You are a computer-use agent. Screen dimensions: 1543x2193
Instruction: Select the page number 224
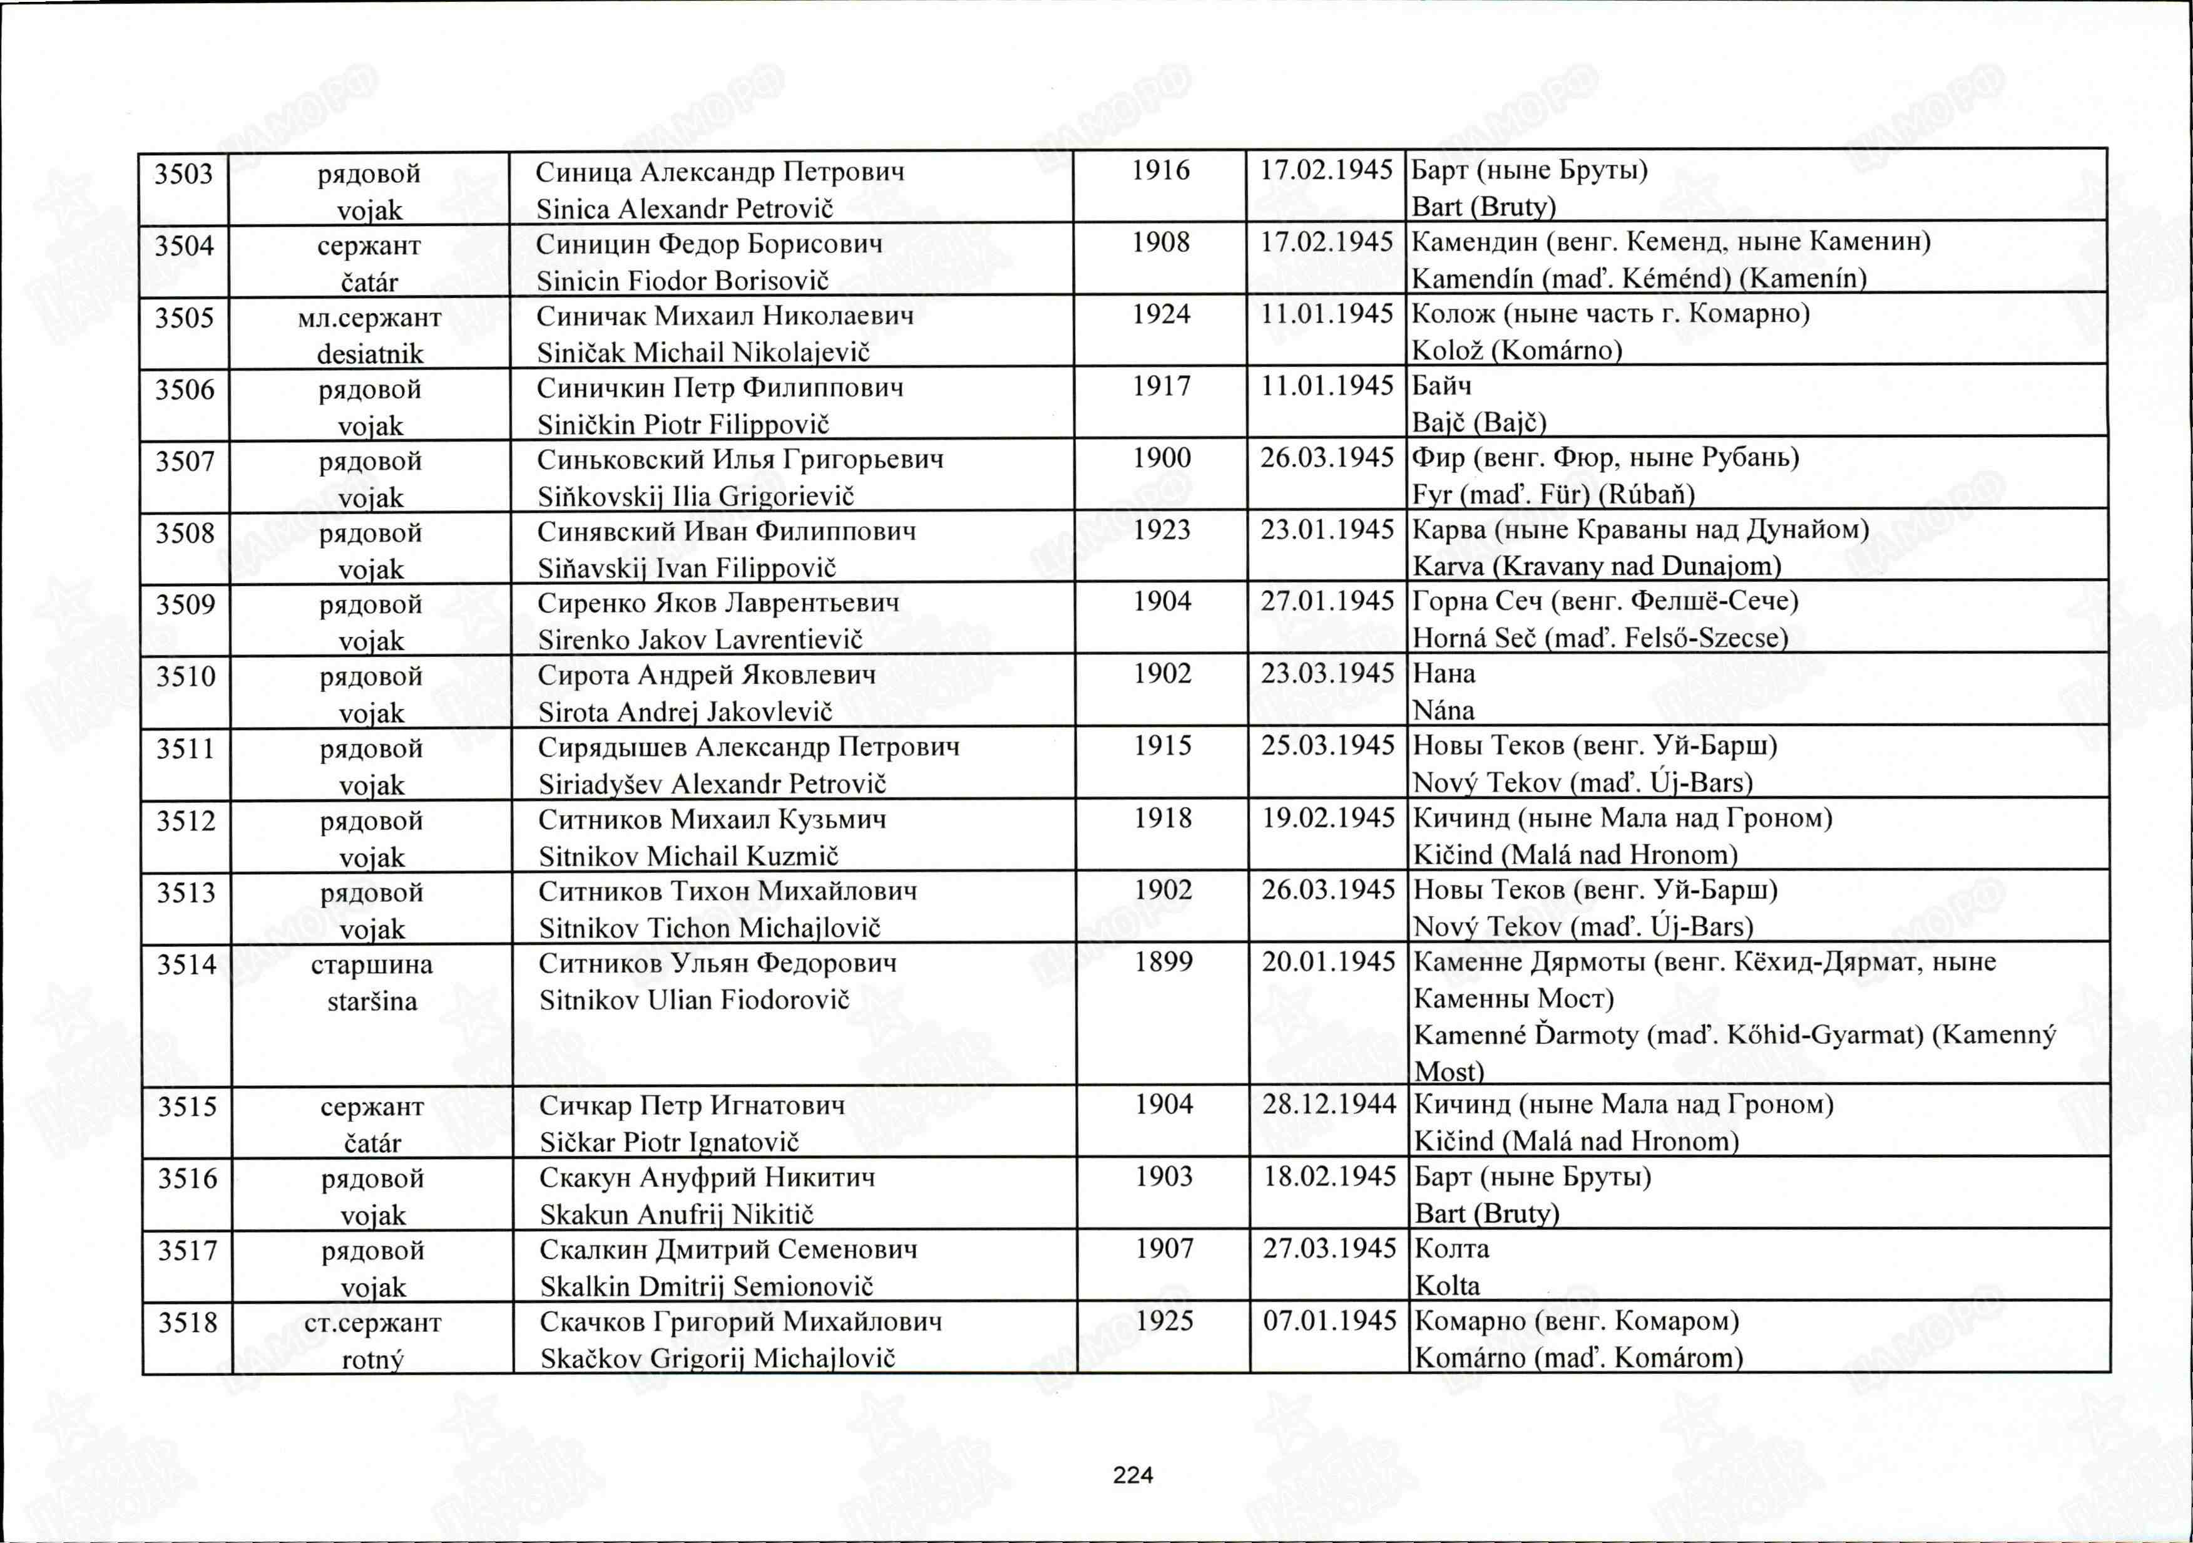click(1133, 1475)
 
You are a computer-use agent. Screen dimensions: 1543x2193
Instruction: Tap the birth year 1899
click(1163, 961)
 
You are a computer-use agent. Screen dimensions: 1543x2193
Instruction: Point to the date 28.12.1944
click(1329, 1105)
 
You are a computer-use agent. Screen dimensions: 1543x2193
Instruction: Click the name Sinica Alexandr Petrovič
click(685, 209)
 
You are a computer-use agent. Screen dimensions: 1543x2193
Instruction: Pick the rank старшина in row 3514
click(372, 965)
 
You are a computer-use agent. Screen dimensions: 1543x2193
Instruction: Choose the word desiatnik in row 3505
click(370, 354)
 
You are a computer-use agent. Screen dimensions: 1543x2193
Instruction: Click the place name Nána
click(1443, 711)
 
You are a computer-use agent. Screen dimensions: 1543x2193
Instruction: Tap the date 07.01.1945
click(1329, 1321)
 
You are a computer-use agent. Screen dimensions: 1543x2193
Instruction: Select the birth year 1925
click(1164, 1321)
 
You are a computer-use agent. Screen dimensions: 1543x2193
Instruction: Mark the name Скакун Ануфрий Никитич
click(707, 1177)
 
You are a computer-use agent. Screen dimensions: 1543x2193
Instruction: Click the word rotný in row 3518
click(372, 1359)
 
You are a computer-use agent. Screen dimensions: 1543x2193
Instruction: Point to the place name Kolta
click(1447, 1286)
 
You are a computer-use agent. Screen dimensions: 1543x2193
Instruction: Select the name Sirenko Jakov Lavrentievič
click(700, 639)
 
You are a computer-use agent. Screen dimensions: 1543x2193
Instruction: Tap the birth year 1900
click(1162, 458)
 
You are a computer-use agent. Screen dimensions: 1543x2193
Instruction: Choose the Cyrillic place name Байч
click(1441, 386)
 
